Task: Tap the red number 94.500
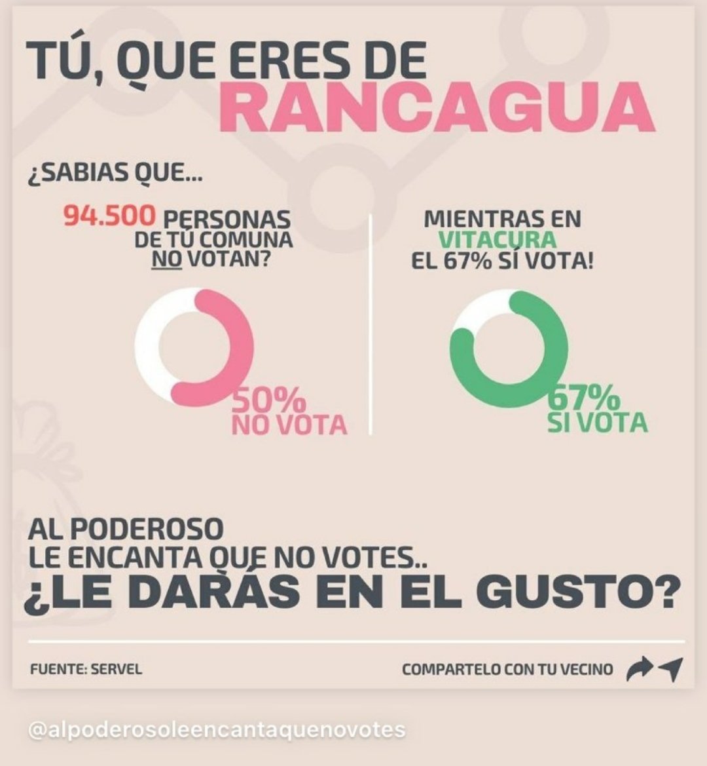point(110,216)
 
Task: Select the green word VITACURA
point(498,240)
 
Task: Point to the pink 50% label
point(269,400)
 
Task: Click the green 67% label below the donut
point(584,398)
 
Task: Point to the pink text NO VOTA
point(289,425)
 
